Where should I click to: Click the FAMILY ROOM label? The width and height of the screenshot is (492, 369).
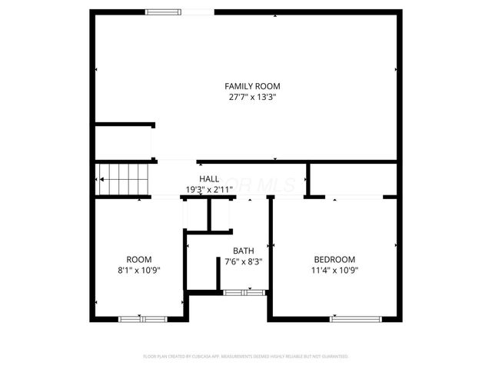[252, 85]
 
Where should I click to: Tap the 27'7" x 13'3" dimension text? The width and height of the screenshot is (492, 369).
[252, 98]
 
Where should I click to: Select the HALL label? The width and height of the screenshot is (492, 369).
[209, 178]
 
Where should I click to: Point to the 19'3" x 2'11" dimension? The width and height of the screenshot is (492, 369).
[209, 189]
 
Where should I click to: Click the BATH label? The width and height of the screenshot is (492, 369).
[244, 251]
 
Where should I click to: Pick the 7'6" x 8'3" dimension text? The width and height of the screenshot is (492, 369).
[244, 261]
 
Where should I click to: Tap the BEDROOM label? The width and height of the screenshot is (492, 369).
[334, 259]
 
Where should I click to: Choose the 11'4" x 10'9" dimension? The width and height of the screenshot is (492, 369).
[334, 270]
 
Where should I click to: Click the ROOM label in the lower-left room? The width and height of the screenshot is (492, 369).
[139, 259]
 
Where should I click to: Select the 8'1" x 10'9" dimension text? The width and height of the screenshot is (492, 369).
[139, 270]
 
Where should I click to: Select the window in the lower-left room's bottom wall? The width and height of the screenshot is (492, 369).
[142, 318]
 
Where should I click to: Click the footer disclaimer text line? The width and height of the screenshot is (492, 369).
[246, 357]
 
